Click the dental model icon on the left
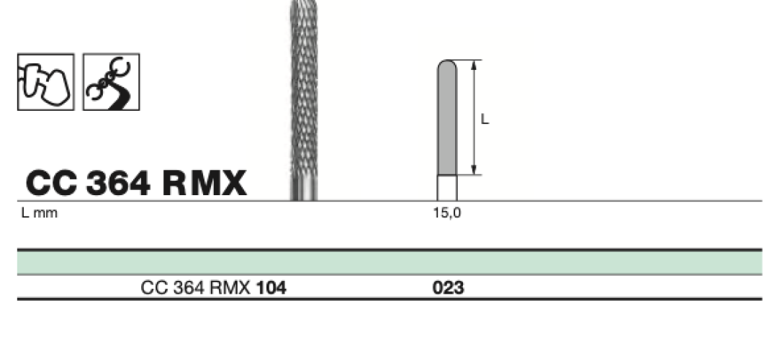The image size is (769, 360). tap(45, 82)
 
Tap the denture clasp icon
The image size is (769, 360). tap(112, 82)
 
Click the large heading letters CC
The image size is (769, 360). tap(52, 184)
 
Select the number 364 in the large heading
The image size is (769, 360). tap(118, 184)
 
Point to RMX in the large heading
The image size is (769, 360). tap(204, 184)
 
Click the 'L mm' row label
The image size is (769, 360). tap(40, 213)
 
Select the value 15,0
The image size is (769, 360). tap(447, 213)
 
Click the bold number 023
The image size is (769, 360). tap(449, 288)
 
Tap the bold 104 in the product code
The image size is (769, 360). tap(271, 288)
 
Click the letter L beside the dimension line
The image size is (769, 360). tap(485, 119)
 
